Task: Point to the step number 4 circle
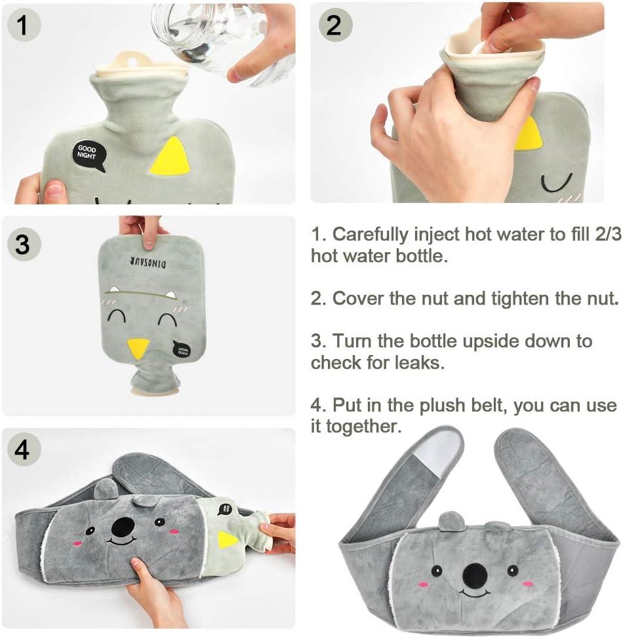coord(22,450)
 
